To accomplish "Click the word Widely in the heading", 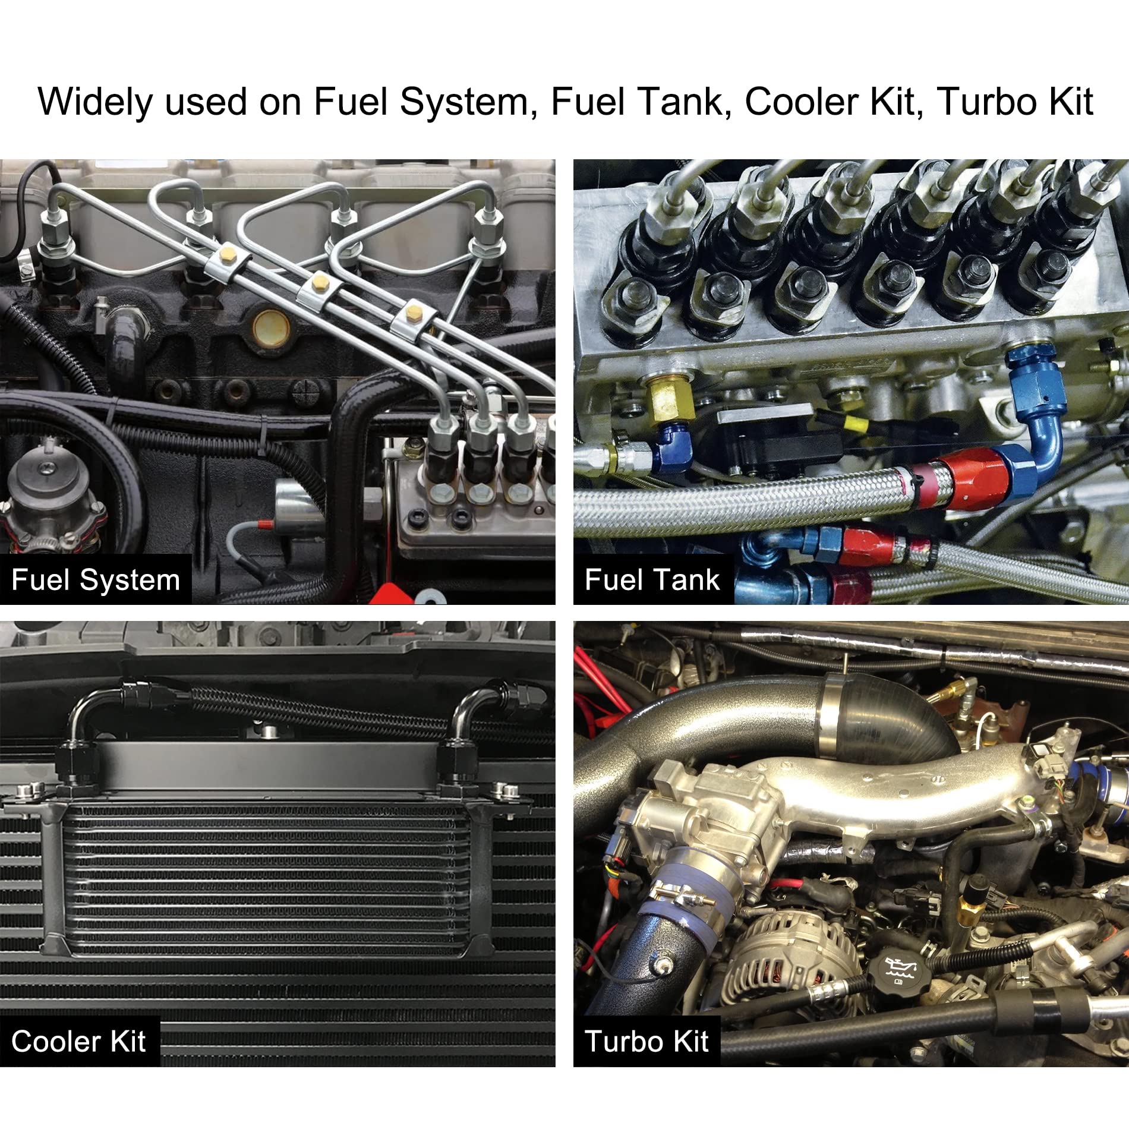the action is pyautogui.click(x=95, y=102).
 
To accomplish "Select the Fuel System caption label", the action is pyautogui.click(x=96, y=579).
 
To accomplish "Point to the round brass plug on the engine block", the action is pyautogui.click(x=272, y=327).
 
